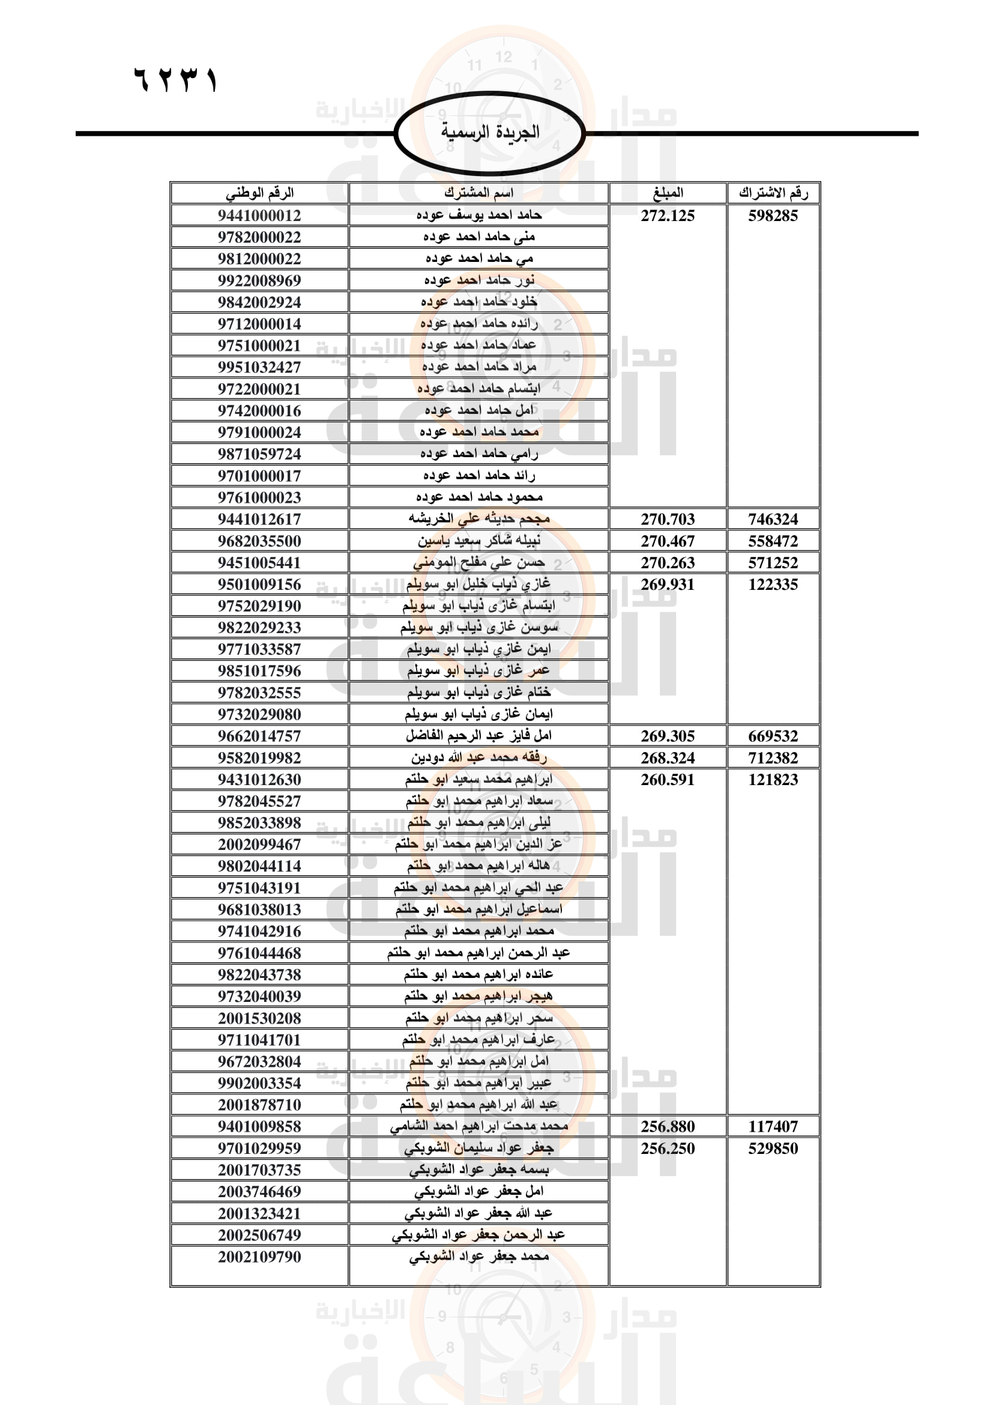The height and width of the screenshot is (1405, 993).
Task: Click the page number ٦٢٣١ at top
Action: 175,80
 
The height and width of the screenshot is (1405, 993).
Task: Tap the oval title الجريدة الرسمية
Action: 490,132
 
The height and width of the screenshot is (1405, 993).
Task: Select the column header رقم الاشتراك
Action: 773,193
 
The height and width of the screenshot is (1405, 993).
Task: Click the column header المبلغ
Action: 668,193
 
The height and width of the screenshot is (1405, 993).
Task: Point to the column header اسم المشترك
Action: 478,193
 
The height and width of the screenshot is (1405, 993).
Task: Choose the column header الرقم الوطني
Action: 259,193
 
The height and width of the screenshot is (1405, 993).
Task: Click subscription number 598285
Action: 773,216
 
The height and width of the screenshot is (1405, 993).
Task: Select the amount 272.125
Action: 668,216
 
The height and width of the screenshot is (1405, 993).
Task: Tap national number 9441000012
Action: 259,216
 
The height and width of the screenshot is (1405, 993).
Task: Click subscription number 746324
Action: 773,520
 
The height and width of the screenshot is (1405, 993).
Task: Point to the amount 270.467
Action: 668,541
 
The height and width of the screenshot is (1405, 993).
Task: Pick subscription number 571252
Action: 773,563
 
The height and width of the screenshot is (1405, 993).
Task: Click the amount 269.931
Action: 668,584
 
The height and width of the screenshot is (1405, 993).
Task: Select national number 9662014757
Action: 259,736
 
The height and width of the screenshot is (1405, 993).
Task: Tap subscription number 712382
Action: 773,758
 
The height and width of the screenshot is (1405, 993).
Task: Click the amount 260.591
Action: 668,780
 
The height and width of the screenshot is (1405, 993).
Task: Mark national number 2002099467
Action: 259,845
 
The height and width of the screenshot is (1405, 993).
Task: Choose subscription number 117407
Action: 773,1126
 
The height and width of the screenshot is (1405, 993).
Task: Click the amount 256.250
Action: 668,1149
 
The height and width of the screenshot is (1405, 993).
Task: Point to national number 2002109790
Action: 259,1257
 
